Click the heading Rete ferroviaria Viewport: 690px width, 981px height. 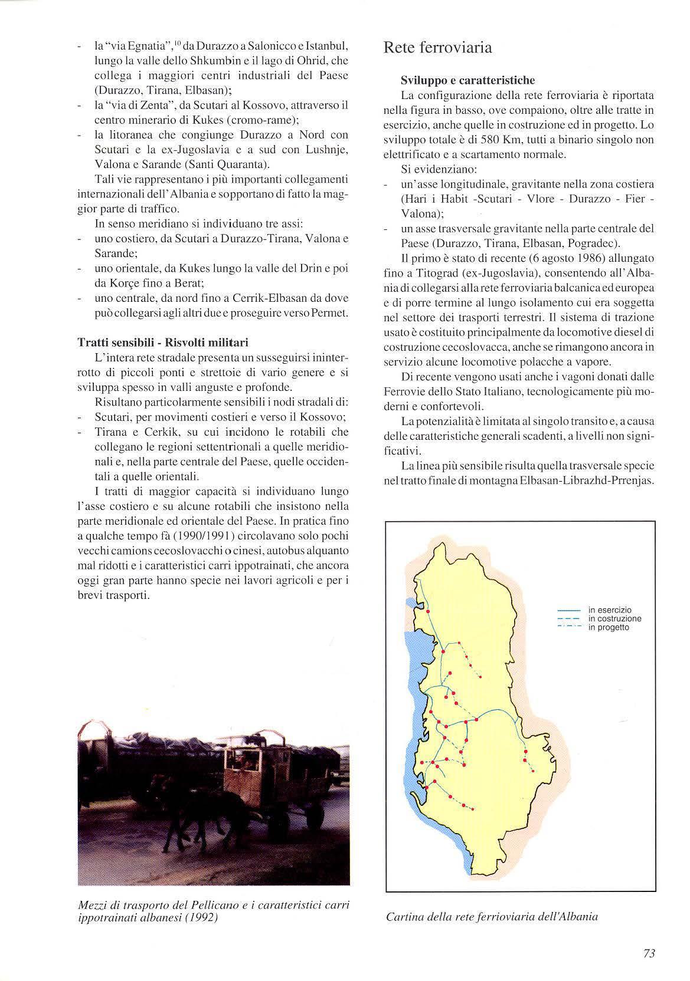pyautogui.click(x=437, y=48)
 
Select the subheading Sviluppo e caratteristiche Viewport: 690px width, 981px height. pyautogui.click(x=467, y=80)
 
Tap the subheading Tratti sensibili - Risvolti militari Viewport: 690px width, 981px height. pyautogui.click(x=163, y=343)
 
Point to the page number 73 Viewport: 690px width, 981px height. pyautogui.click(x=649, y=954)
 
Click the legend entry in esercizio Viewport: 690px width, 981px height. pyautogui.click(x=610, y=610)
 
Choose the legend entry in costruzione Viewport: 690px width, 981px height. pyautogui.click(x=614, y=619)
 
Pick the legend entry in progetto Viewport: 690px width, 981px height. pyautogui.click(x=609, y=627)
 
